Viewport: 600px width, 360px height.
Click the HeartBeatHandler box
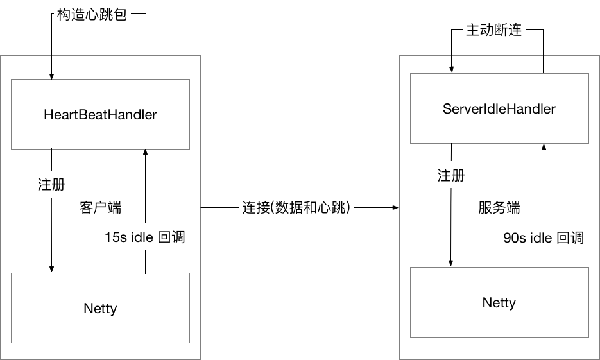[100, 114]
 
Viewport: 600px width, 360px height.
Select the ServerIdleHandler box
[499, 108]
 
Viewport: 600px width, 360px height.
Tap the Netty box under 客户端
[100, 308]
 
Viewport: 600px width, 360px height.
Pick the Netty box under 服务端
[499, 302]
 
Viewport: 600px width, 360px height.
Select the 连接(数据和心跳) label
[298, 209]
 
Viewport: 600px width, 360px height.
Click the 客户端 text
[100, 208]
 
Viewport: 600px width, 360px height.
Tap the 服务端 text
[499, 208]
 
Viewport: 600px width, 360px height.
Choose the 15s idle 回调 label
[145, 237]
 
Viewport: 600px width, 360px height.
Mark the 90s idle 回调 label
[544, 238]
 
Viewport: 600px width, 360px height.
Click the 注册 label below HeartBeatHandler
[51, 184]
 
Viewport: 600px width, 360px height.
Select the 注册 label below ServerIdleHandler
[451, 176]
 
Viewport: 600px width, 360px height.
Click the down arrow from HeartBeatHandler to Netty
[52, 212]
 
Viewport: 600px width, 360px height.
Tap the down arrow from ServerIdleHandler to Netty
[451, 212]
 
